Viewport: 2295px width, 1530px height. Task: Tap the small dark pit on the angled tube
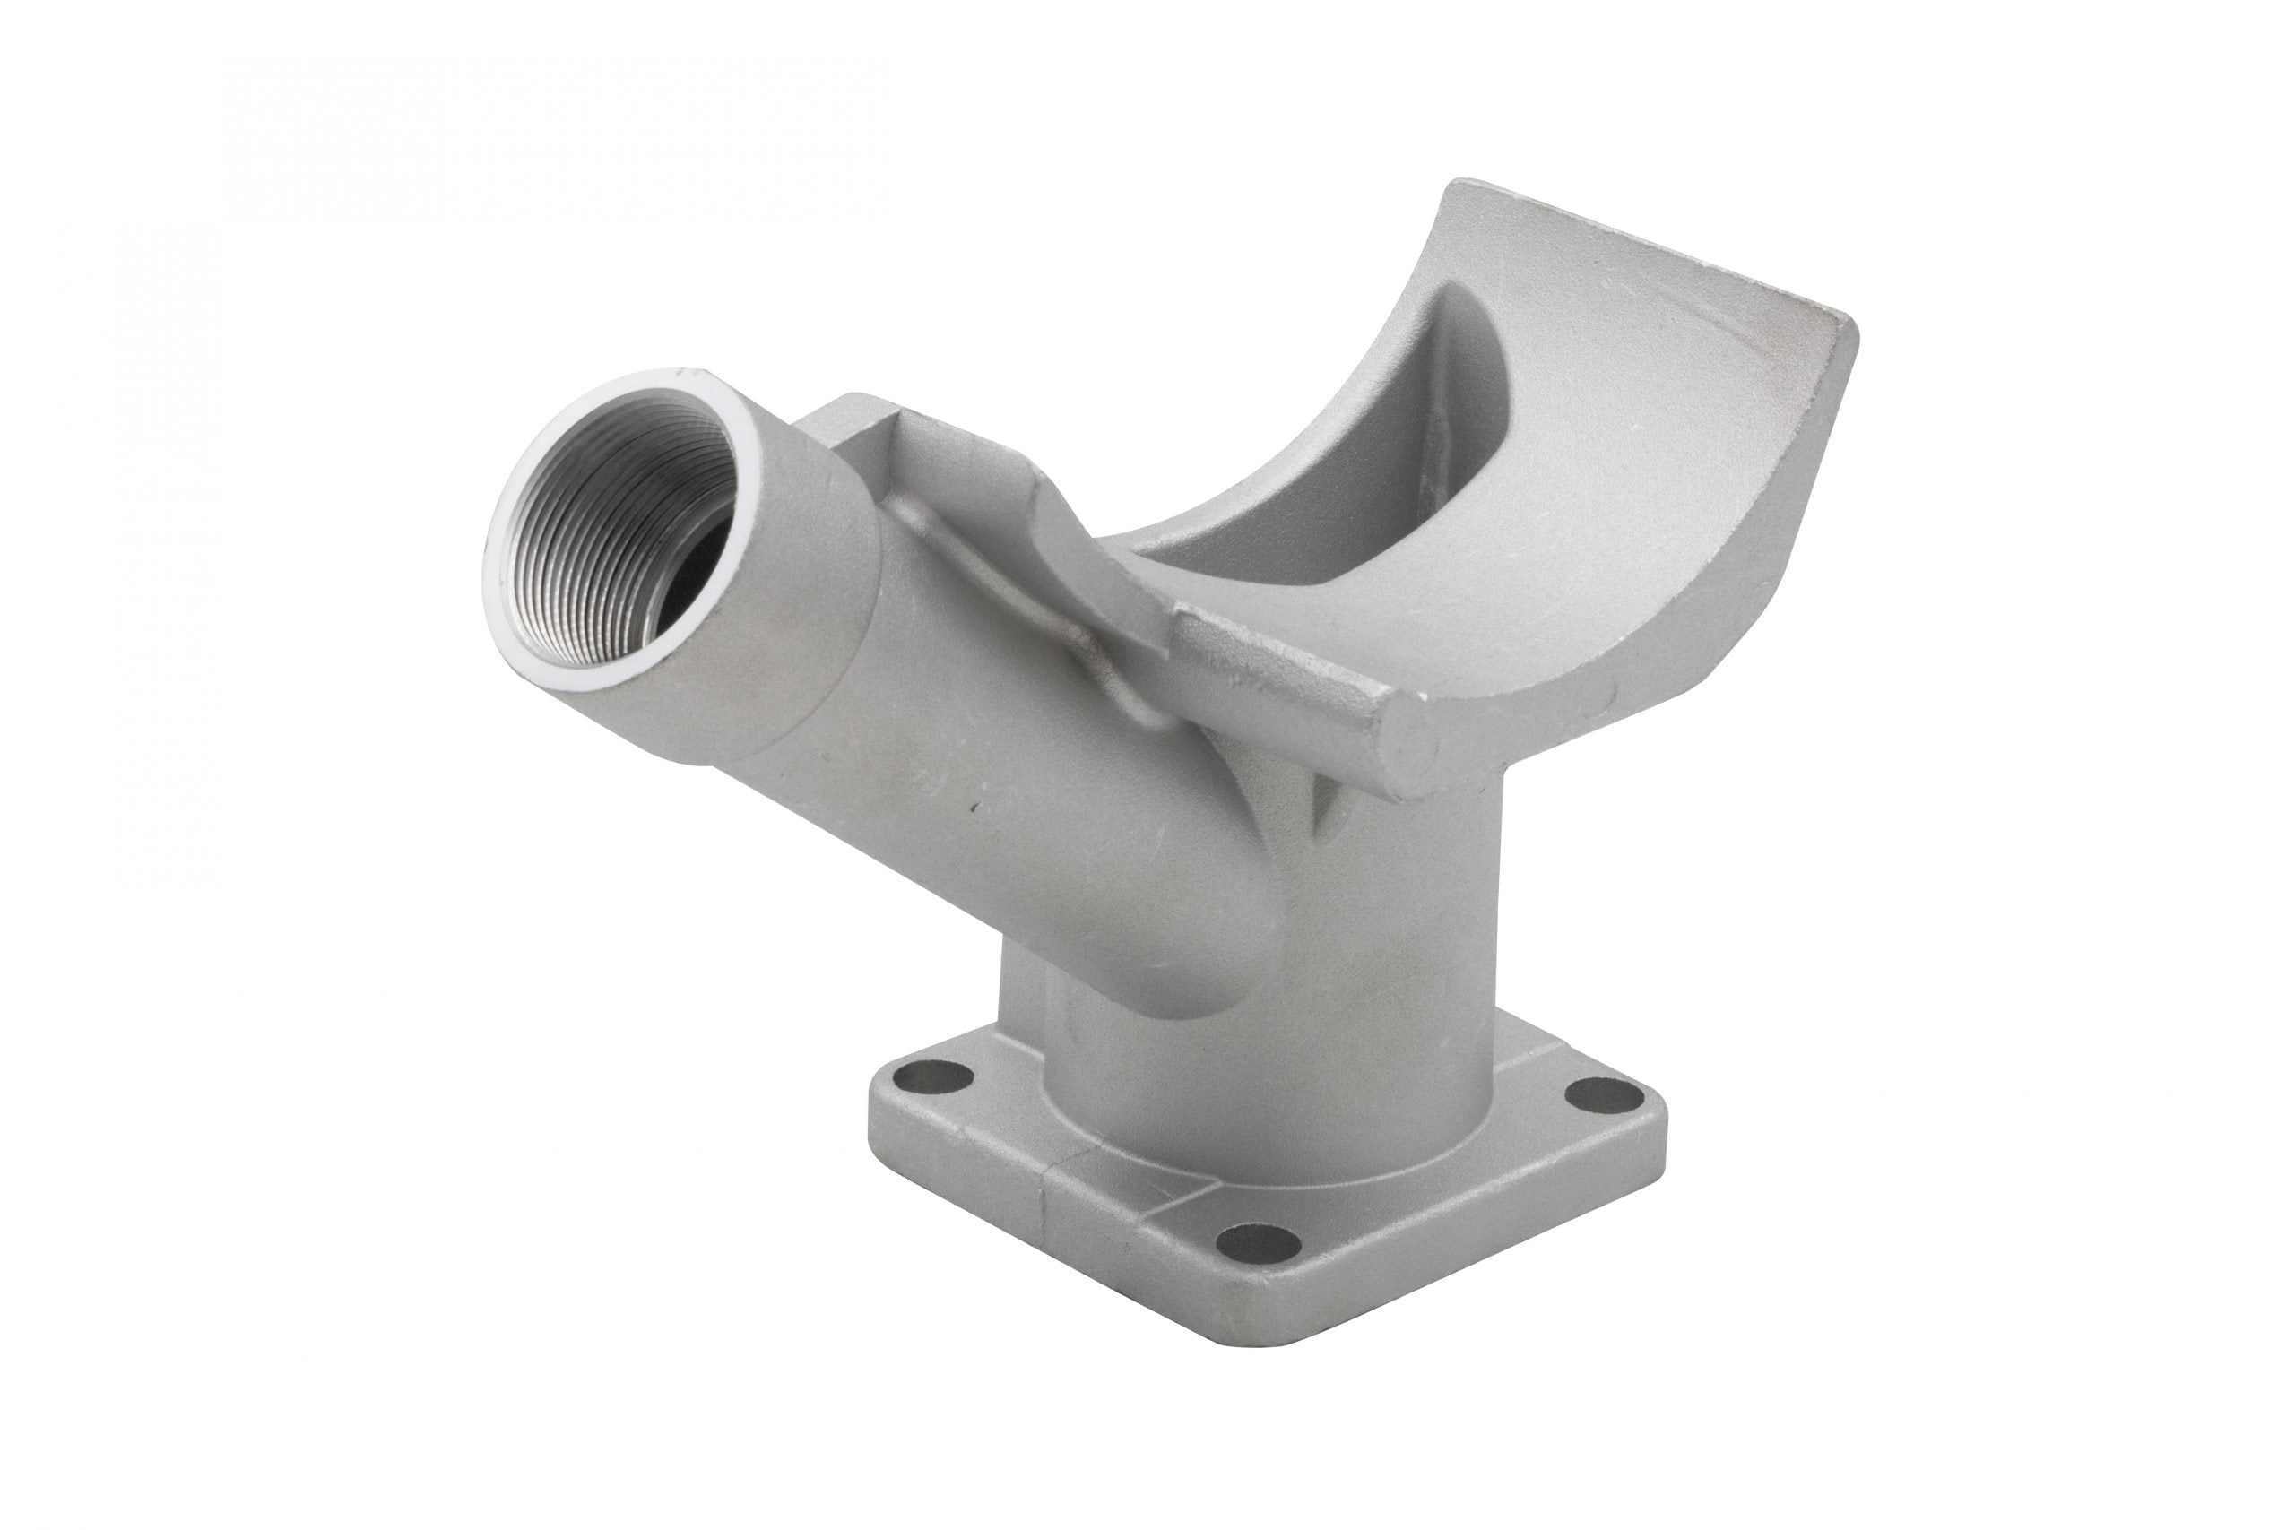coord(973,808)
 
